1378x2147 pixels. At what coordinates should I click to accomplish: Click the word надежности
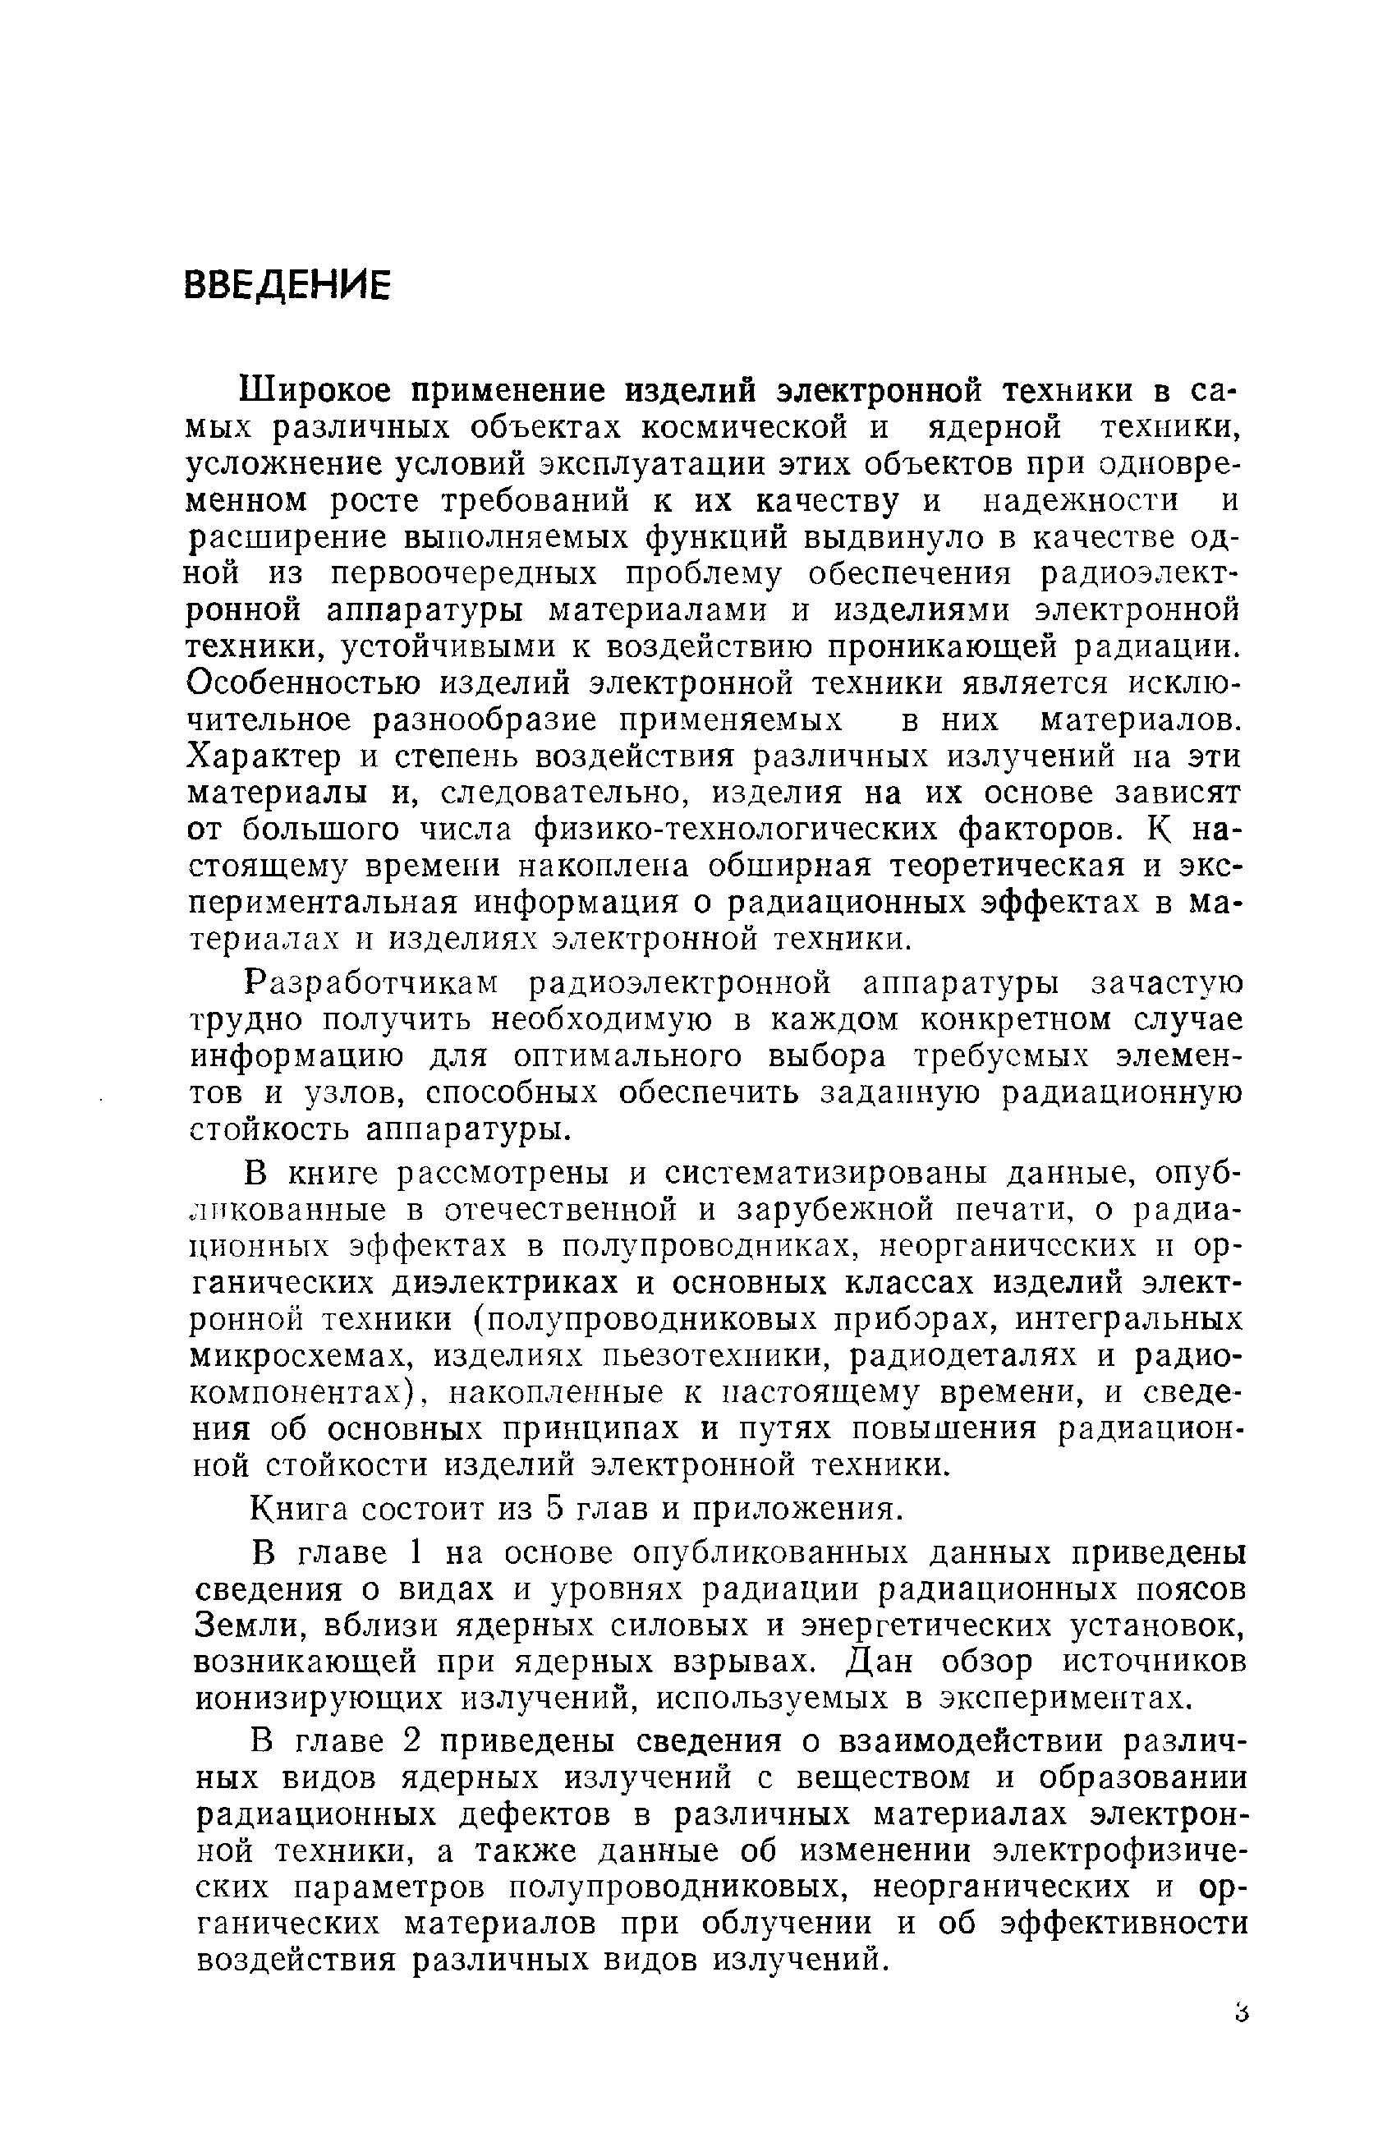click(x=1081, y=500)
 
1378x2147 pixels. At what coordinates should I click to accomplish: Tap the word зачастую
click(x=1168, y=983)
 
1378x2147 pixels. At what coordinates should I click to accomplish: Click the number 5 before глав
click(x=553, y=1510)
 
